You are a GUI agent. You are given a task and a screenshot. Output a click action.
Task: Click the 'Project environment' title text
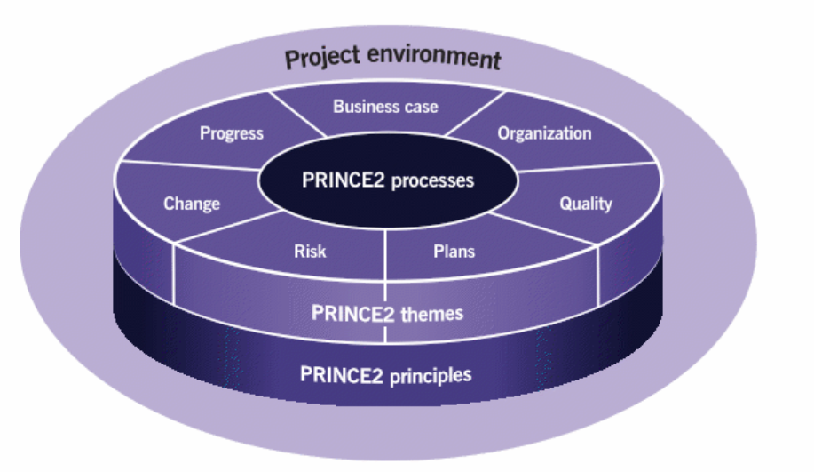point(392,59)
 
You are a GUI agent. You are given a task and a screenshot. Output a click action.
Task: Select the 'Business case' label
point(385,107)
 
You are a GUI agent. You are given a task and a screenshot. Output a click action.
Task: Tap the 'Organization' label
point(544,134)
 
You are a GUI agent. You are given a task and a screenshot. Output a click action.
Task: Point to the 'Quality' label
point(585,204)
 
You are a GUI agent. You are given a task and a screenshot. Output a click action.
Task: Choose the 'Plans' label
point(454,251)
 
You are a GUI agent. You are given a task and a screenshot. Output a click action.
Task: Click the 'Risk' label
point(310,251)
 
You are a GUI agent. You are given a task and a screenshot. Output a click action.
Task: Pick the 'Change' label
point(191,204)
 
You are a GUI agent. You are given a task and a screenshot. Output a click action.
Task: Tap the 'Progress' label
point(231,133)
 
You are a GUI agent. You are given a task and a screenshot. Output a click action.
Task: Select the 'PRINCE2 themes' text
point(387,313)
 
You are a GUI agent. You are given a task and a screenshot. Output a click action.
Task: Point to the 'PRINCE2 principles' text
point(385,373)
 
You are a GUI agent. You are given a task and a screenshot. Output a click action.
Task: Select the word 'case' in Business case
point(422,107)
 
